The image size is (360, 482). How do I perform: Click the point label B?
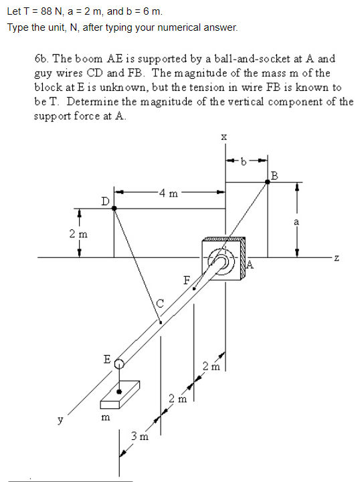click(x=275, y=176)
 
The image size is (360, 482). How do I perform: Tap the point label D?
click(x=104, y=200)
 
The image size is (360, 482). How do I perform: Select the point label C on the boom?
click(x=160, y=304)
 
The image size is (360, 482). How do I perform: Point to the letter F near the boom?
click(x=187, y=279)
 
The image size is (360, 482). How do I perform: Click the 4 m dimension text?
click(x=169, y=195)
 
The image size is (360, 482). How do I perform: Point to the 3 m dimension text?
click(x=139, y=437)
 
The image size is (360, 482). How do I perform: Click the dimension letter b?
click(x=246, y=161)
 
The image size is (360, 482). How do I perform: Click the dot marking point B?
click(x=267, y=182)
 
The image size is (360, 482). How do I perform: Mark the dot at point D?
click(x=114, y=209)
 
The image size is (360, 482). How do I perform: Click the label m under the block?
click(x=104, y=418)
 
